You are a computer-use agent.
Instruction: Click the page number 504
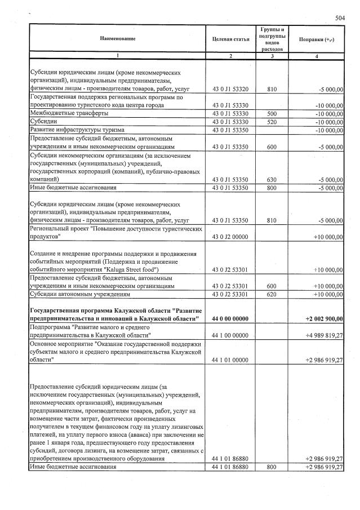click(339, 18)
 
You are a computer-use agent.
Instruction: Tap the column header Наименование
click(117, 38)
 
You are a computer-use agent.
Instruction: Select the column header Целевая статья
click(230, 38)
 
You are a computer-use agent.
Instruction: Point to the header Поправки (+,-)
click(316, 38)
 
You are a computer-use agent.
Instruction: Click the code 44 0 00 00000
click(230, 319)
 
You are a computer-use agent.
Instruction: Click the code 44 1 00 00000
click(230, 335)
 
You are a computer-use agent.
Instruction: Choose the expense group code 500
click(272, 113)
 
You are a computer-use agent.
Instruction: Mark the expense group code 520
click(272, 122)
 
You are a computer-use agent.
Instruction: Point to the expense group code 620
click(272, 294)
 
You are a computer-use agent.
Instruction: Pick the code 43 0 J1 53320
click(230, 89)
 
